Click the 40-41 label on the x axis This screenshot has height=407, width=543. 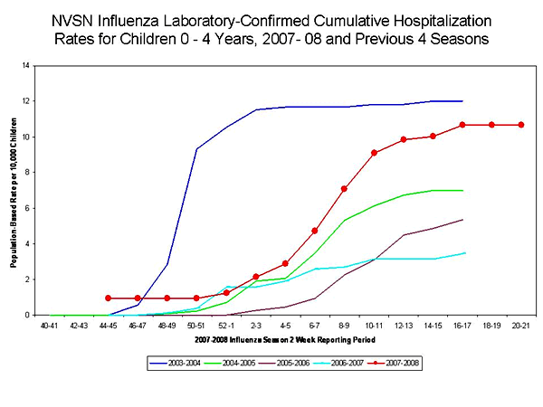coord(50,325)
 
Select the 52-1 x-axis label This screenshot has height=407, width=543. coord(227,325)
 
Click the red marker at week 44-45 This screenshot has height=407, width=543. coord(109,298)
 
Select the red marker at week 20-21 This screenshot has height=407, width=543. coord(521,125)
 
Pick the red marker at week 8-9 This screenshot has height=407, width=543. coord(345,189)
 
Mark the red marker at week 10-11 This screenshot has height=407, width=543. coord(374,153)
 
